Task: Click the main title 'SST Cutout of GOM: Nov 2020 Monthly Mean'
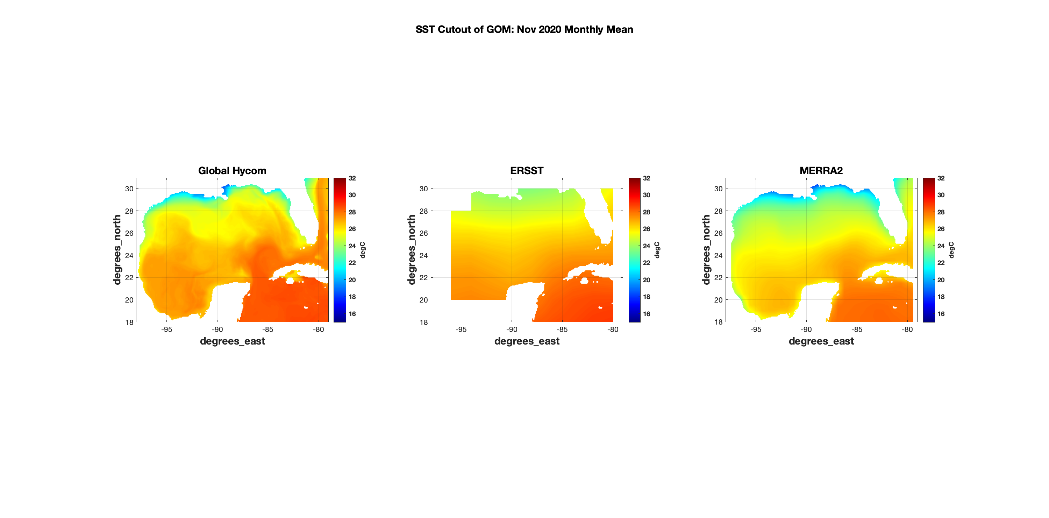[x=524, y=30]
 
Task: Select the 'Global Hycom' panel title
[x=232, y=171]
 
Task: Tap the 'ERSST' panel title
[x=527, y=171]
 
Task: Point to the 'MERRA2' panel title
[x=821, y=171]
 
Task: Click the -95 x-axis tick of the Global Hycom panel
[x=166, y=329]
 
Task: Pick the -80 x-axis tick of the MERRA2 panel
[x=907, y=329]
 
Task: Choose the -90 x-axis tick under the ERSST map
[x=512, y=329]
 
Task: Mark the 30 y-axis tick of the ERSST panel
[x=423, y=189]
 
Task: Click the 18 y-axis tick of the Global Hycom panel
[x=129, y=322]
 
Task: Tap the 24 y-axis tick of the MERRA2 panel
[x=718, y=256]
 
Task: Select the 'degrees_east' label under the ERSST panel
[x=527, y=341]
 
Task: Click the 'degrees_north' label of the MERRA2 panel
[x=706, y=250]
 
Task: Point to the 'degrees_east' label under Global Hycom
[x=232, y=341]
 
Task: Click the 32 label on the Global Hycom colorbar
[x=352, y=178]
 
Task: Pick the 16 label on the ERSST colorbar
[x=647, y=314]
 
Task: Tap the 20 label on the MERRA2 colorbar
[x=941, y=280]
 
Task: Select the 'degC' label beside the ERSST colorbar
[x=657, y=250]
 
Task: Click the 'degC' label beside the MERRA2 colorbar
[x=951, y=250]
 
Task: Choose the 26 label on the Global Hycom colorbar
[x=352, y=229]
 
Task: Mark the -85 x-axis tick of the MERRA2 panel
[x=856, y=329]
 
